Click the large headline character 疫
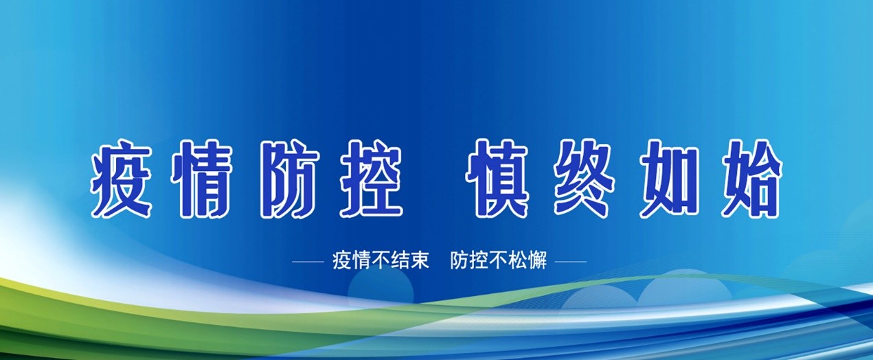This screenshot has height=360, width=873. click(x=121, y=179)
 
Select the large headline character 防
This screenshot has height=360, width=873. click(x=291, y=179)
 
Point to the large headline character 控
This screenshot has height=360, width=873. click(x=371, y=179)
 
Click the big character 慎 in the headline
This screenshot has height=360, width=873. click(x=497, y=179)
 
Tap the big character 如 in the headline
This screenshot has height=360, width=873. click(x=668, y=179)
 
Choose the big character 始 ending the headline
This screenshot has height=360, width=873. click(x=751, y=179)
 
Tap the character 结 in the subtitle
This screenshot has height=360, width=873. click(x=400, y=260)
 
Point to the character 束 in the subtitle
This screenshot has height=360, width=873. click(x=420, y=260)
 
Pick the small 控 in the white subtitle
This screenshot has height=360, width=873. click(x=479, y=260)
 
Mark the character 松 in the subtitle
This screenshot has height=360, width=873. click(x=519, y=260)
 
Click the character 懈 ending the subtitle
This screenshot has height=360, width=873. click(x=538, y=260)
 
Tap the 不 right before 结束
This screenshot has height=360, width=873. click(x=381, y=260)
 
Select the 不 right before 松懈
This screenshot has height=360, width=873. click(x=499, y=260)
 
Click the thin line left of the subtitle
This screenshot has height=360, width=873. click(x=308, y=262)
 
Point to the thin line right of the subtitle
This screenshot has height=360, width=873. click(x=571, y=262)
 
